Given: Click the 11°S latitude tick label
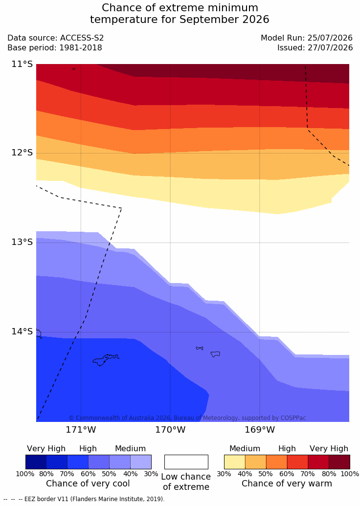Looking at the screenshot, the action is pos(22,64).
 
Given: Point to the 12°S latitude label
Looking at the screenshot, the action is pos(22,153).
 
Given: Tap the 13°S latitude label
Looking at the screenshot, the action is pos(22,242).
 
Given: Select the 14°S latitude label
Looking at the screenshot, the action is pos(22,331).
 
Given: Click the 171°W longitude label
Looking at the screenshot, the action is pos(81,430).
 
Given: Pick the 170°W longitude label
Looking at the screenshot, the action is pos(171,430).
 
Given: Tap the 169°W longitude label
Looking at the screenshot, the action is pos(260,430).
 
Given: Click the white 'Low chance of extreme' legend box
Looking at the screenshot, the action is pos(186,462).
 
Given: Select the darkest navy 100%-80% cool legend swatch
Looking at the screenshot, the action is pos(36,462).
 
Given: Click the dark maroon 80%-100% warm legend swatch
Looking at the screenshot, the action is pos(339,462).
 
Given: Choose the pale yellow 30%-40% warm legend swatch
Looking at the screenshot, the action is pos(235,462).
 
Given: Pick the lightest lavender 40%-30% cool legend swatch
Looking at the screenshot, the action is pos(141,462).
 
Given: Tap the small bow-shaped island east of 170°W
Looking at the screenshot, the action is pos(200,348).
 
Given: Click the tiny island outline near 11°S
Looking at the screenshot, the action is pos(74,69).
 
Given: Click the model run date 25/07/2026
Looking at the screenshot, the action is pos(330,38).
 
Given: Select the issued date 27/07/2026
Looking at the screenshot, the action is pos(330,48).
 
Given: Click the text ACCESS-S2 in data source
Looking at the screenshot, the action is pos(82,38).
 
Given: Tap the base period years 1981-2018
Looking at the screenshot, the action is pos(80,48).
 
